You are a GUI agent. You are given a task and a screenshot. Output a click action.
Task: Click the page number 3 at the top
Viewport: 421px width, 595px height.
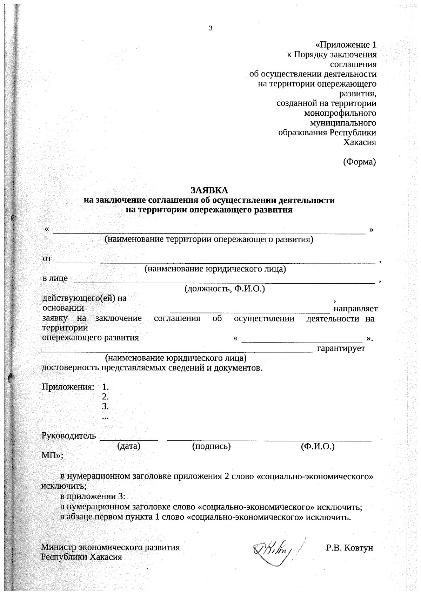pos(210,28)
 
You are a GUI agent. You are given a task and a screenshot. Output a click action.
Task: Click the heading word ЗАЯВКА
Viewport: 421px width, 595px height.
pos(209,190)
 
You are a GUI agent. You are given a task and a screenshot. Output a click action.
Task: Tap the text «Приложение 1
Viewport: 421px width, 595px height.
pos(346,45)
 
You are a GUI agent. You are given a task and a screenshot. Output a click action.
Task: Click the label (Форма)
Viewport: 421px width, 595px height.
pos(359,162)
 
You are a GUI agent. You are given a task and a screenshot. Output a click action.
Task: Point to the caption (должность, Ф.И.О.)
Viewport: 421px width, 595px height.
pos(225,289)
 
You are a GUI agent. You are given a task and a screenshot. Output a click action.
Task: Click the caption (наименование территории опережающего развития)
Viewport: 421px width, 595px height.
pos(209,239)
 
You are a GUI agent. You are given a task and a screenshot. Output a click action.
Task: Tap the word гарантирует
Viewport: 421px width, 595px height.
pos(341,348)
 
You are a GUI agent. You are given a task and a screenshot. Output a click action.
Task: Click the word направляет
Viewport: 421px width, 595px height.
pos(355,309)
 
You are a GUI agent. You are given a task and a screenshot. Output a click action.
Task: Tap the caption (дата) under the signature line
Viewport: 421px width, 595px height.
pos(128,446)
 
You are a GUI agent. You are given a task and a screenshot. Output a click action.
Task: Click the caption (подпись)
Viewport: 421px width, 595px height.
pos(211,446)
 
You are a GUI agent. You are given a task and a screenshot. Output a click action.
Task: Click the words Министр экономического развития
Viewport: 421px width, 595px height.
pos(110,547)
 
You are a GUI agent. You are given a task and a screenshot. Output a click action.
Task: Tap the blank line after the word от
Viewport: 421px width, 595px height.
pos(215,261)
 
